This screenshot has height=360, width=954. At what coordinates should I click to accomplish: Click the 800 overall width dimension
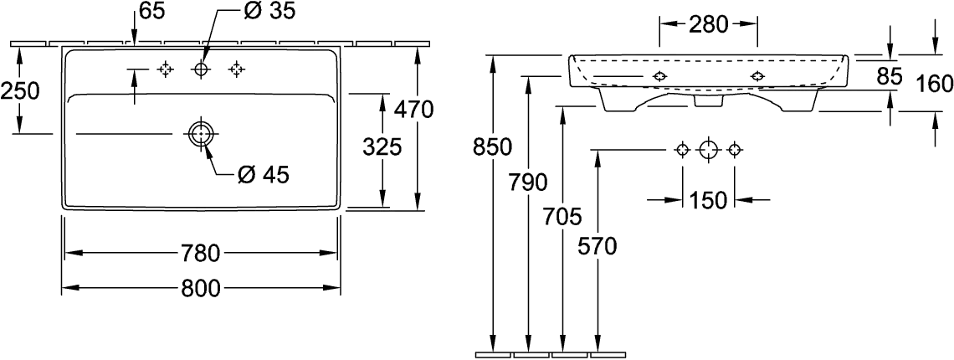(201, 289)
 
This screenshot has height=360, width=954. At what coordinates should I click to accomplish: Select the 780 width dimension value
(201, 254)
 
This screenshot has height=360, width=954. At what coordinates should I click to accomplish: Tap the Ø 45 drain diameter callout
(263, 176)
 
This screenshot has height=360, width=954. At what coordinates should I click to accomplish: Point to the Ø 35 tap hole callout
(263, 12)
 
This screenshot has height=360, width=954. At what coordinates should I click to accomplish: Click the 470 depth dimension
(413, 110)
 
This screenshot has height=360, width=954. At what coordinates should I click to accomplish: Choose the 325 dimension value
(382, 147)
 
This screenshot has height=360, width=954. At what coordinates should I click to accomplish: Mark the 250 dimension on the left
(20, 91)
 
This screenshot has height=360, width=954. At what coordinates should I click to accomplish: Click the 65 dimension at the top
(152, 12)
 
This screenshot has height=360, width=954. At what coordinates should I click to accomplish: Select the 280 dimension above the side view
(709, 25)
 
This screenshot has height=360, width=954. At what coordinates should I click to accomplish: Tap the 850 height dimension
(493, 147)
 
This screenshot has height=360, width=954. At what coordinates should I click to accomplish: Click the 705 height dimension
(563, 216)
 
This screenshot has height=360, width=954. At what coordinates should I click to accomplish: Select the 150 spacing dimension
(708, 199)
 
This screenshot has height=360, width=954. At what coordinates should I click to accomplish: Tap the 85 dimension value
(889, 75)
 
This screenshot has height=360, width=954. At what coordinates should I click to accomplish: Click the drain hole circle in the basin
(201, 133)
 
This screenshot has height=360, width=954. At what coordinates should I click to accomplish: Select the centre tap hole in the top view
(201, 70)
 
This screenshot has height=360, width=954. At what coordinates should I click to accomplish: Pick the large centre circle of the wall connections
(708, 149)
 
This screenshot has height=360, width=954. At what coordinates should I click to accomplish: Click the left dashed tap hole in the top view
(165, 70)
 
